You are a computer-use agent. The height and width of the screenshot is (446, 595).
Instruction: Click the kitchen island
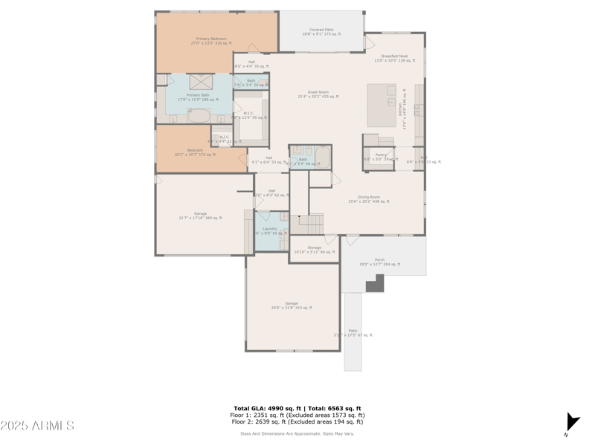tap(382, 105)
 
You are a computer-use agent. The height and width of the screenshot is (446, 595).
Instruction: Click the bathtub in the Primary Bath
tap(199, 115)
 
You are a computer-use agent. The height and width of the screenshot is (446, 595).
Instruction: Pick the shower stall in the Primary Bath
tap(200, 81)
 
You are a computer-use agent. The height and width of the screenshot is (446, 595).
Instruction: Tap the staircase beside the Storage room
tap(311, 222)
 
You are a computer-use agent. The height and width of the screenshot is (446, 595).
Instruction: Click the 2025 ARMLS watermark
tap(37, 425)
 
